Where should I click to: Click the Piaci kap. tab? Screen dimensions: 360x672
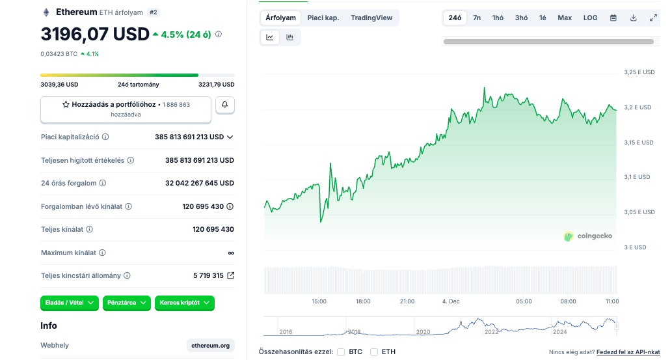pyautogui.click(x=323, y=18)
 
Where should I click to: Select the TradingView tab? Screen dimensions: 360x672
pyautogui.click(x=371, y=18)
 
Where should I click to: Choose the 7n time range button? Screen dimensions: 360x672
pyautogui.click(x=477, y=18)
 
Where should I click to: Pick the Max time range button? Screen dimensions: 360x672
pyautogui.click(x=565, y=18)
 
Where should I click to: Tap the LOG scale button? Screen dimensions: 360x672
pyautogui.click(x=590, y=18)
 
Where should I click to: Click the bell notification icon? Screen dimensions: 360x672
pyautogui.click(x=225, y=104)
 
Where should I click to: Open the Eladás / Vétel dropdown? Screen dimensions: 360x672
pyautogui.click(x=69, y=303)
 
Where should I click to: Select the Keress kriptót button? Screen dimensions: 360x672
pyautogui.click(x=184, y=303)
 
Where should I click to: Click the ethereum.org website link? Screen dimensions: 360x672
pyautogui.click(x=210, y=346)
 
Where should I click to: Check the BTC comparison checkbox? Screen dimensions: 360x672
pyautogui.click(x=341, y=352)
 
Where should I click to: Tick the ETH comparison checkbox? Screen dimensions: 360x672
pyautogui.click(x=374, y=352)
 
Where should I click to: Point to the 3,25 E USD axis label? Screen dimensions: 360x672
pyautogui.click(x=639, y=72)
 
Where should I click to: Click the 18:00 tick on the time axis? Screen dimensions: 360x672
pyautogui.click(x=363, y=301)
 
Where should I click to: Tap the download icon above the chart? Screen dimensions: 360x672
pyautogui.click(x=633, y=18)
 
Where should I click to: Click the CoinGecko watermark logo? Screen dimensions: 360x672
pyautogui.click(x=587, y=236)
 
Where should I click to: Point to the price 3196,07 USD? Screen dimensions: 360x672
pyautogui.click(x=95, y=34)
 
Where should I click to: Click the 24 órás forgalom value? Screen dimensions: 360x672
pyautogui.click(x=200, y=184)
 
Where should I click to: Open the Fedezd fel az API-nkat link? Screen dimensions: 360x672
pyautogui.click(x=628, y=352)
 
